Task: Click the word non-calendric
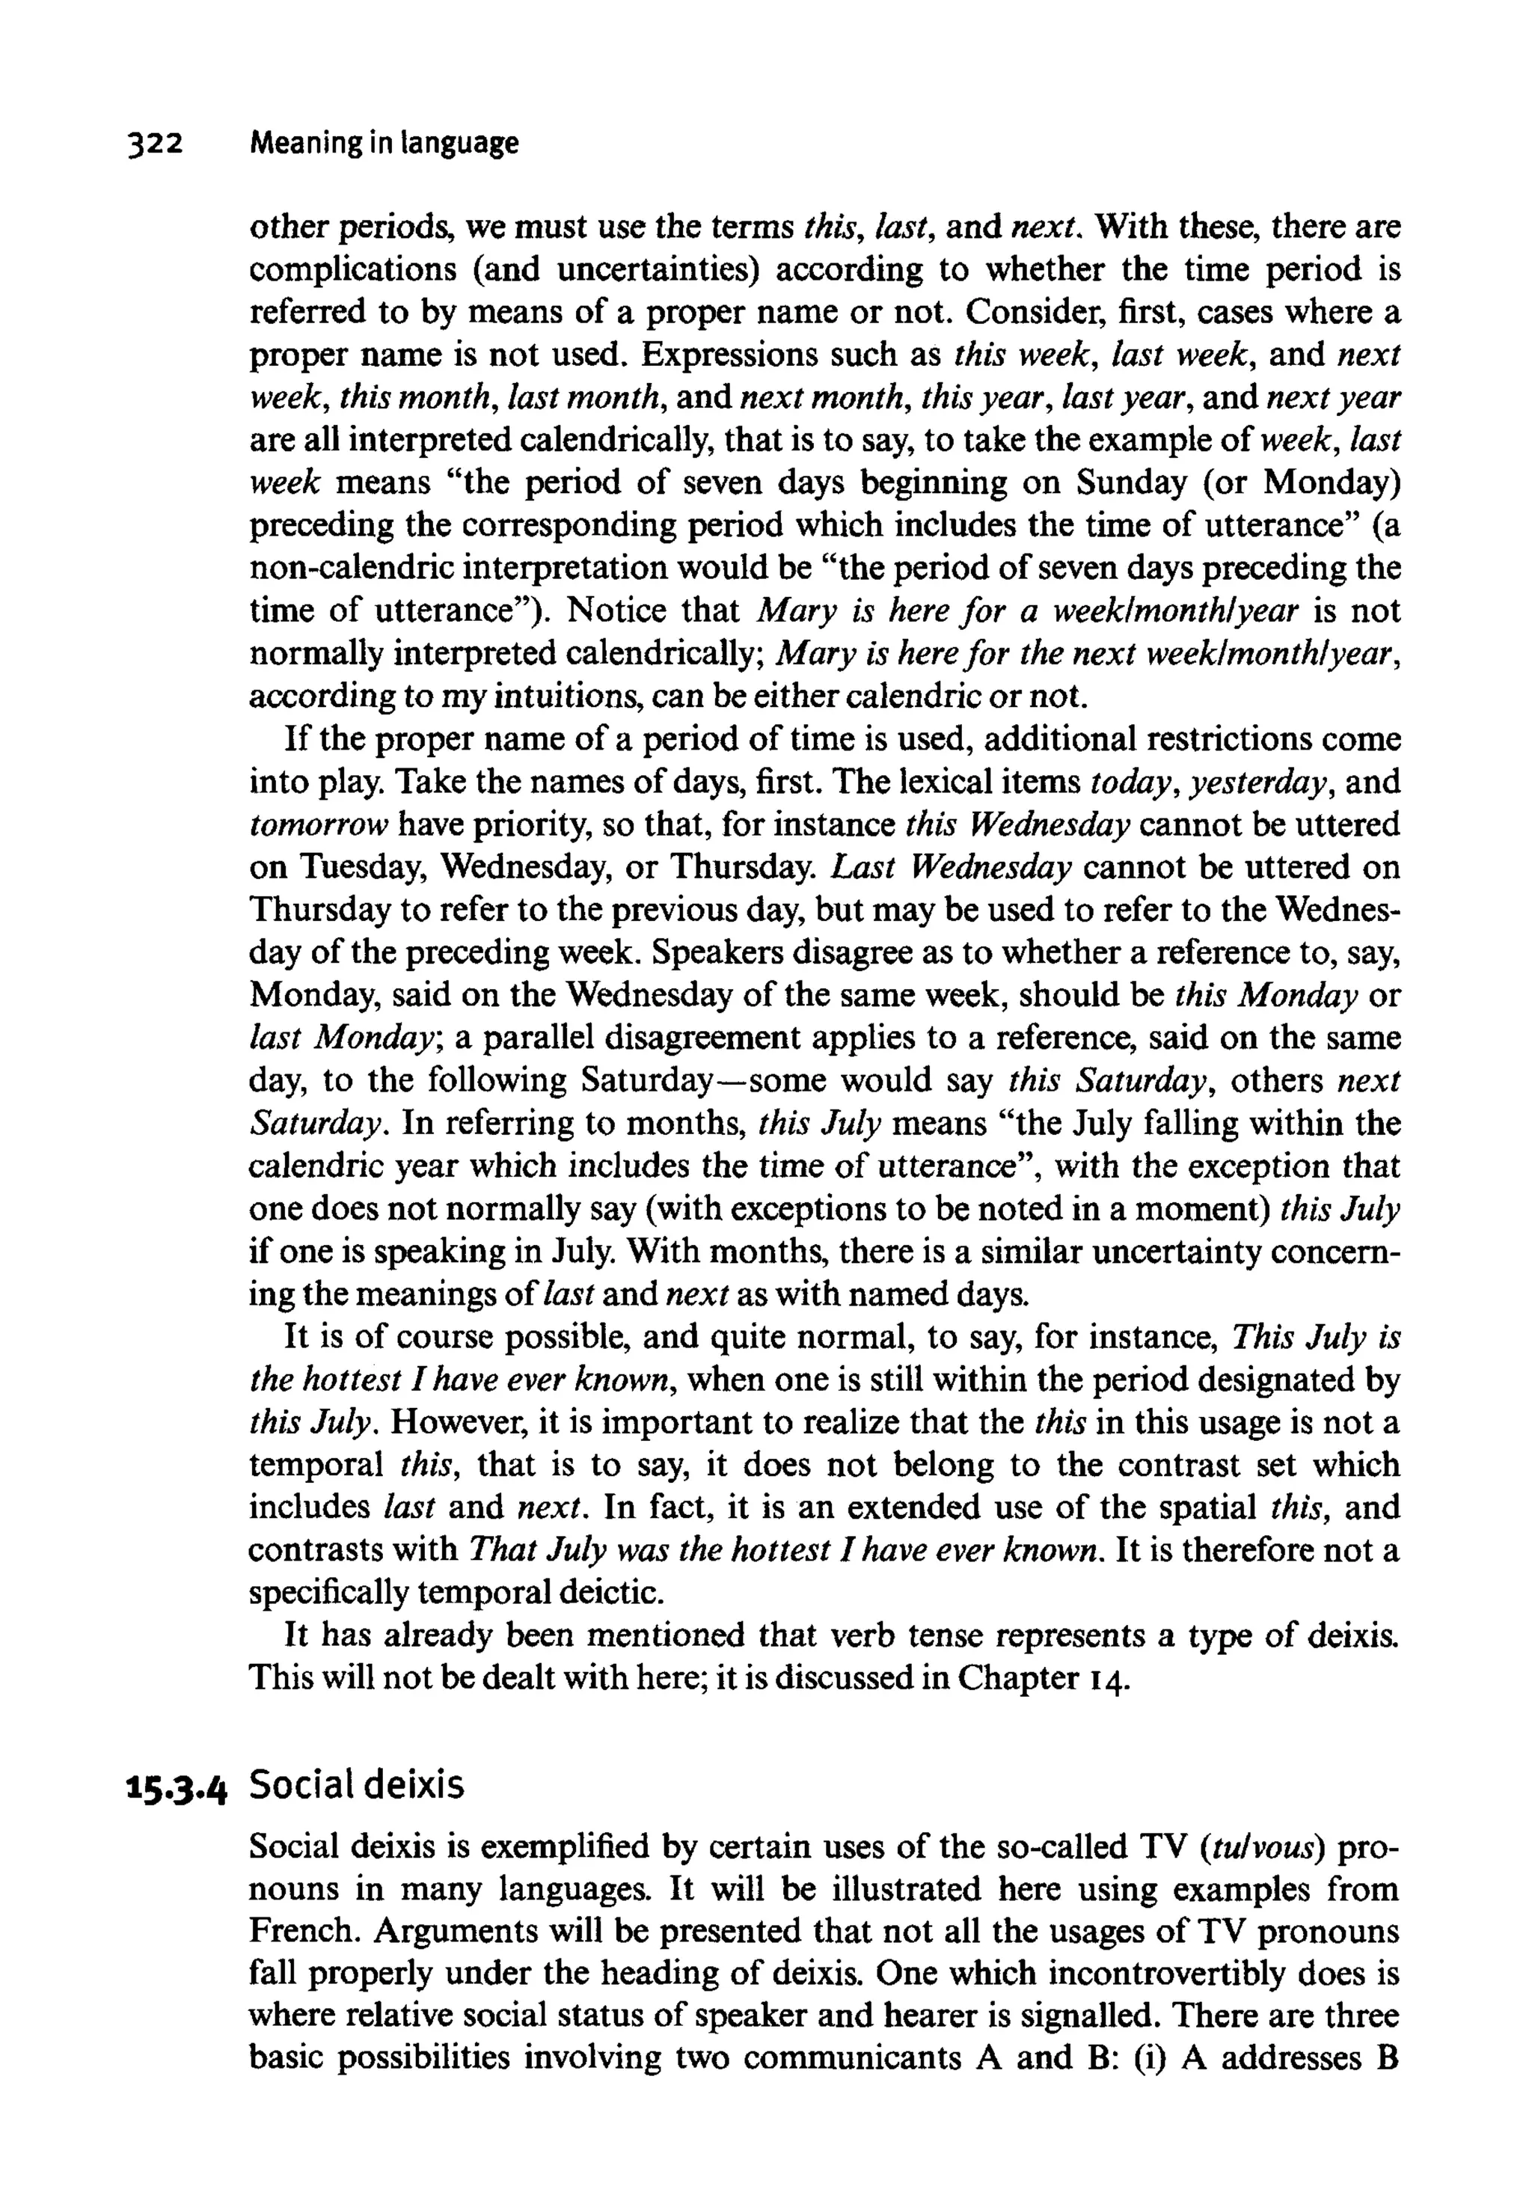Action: coord(350,569)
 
